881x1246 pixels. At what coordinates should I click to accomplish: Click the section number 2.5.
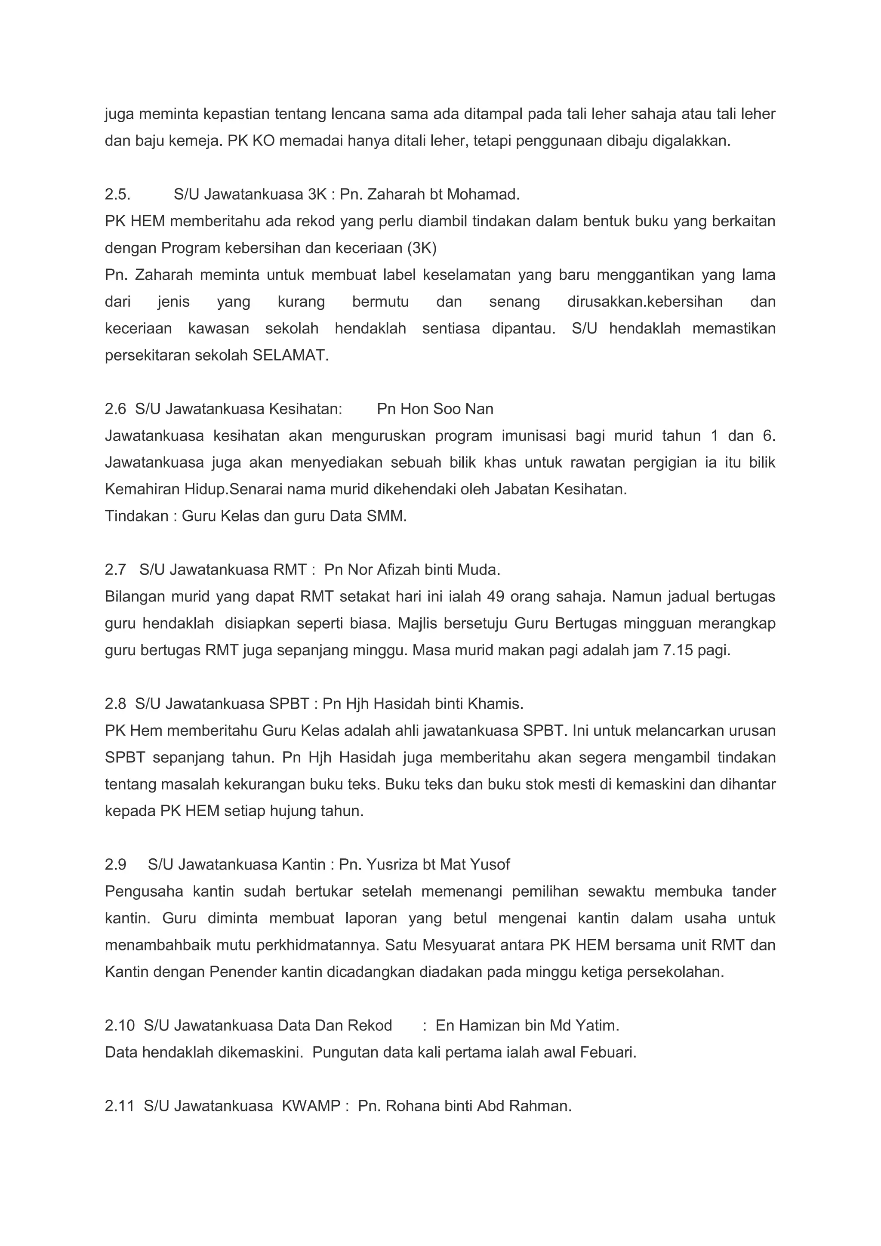117,194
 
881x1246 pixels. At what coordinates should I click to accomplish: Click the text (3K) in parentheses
422,248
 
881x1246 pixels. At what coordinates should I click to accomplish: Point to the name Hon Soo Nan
435,409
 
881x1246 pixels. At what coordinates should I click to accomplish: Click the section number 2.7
115,570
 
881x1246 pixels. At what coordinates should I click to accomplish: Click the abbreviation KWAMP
311,1106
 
